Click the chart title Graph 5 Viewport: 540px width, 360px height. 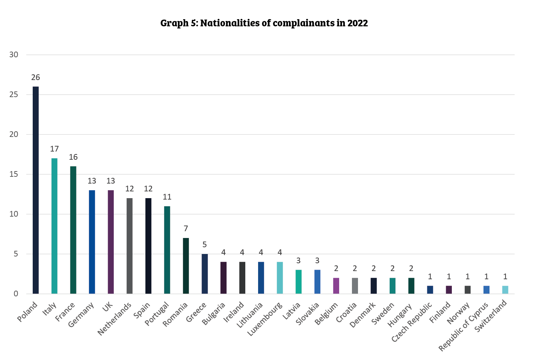(264, 23)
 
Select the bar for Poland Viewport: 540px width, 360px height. (36, 190)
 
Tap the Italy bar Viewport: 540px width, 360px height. (54, 226)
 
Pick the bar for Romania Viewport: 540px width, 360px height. (186, 266)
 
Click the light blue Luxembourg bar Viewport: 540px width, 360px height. (280, 278)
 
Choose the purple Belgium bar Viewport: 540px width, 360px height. (336, 286)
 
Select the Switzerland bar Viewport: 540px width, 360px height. (505, 290)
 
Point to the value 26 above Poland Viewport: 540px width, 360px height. (36, 78)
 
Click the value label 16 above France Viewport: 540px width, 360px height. (73, 157)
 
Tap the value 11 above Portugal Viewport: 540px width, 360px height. (167, 197)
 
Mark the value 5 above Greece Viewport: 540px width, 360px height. (204, 245)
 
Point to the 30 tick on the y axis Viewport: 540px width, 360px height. (14, 55)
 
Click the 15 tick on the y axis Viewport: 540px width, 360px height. (14, 174)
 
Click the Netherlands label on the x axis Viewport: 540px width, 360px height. (114, 319)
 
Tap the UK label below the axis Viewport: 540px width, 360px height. (107, 306)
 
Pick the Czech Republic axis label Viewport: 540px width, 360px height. (412, 322)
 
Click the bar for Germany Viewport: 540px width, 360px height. (92, 242)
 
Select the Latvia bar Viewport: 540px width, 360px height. (299, 282)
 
